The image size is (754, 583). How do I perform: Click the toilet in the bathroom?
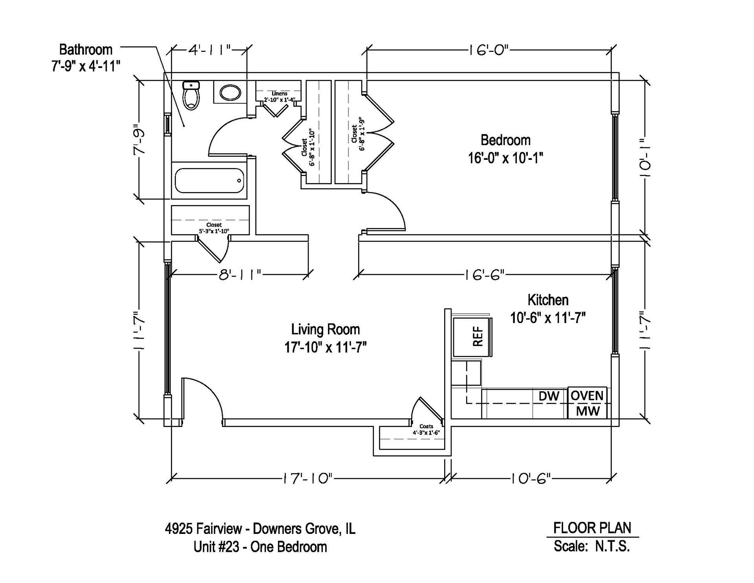coord(191,95)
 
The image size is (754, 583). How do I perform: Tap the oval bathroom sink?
coord(231,93)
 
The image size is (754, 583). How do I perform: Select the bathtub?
coord(209,180)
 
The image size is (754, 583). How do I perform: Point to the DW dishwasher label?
coord(549,396)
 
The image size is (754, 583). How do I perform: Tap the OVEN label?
coord(587,395)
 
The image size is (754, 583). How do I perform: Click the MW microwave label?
coord(588,411)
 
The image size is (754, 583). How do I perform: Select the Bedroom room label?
coord(505,140)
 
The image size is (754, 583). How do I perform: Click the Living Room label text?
coord(326,329)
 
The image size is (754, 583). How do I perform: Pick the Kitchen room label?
coord(548,300)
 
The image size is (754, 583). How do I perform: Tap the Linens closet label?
coord(279,93)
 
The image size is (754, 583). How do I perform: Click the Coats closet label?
coord(426,426)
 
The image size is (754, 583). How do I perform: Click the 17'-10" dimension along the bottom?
coord(307,478)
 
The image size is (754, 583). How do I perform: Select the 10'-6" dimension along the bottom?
coord(531,478)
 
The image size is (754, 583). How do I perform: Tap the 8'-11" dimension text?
coord(240,275)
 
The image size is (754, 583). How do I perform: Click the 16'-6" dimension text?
coord(484,275)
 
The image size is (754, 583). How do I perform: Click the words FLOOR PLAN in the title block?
coord(592,528)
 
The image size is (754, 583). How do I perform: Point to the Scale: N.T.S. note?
coord(592,546)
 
